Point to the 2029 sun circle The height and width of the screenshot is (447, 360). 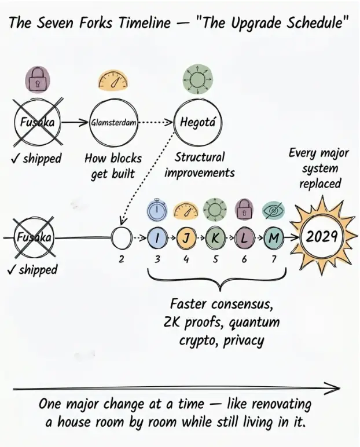(322, 219)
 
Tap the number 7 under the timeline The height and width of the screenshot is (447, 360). (273, 259)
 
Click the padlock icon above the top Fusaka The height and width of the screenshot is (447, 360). (37, 79)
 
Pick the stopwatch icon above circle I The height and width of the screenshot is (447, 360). (157, 210)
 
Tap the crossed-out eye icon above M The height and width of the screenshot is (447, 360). (273, 211)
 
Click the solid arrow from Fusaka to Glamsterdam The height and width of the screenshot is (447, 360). (75, 123)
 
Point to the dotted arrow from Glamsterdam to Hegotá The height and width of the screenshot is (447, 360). (155, 123)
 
